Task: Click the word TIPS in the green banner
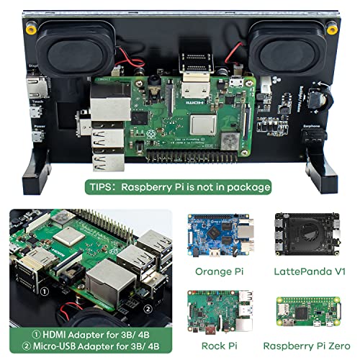(x=99, y=187)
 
